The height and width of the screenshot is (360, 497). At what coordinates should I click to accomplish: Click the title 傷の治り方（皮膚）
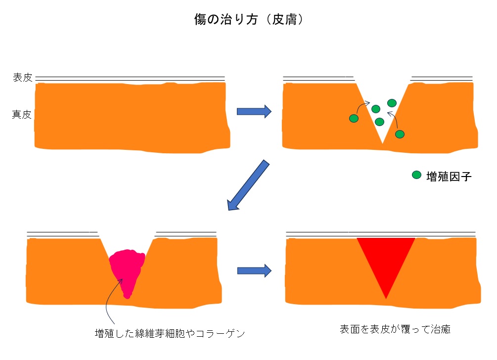(x=248, y=20)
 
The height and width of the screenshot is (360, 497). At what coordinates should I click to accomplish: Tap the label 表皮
(x=22, y=78)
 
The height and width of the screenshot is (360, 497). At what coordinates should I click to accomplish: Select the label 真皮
(x=22, y=115)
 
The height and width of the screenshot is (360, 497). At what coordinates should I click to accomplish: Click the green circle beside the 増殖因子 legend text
(x=416, y=175)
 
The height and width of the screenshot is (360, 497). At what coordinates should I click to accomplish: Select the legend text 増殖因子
(x=449, y=176)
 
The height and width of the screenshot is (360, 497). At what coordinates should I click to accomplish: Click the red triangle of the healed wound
(x=386, y=262)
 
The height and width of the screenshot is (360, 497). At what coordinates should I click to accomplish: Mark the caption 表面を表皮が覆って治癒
(x=395, y=329)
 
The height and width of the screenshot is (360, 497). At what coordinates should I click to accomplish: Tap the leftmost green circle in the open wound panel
(x=354, y=118)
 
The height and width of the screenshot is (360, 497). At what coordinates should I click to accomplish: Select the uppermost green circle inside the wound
(x=392, y=103)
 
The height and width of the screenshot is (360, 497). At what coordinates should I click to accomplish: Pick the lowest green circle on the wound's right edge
(x=400, y=134)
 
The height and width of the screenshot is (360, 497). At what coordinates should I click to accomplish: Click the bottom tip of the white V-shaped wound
(x=382, y=143)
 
